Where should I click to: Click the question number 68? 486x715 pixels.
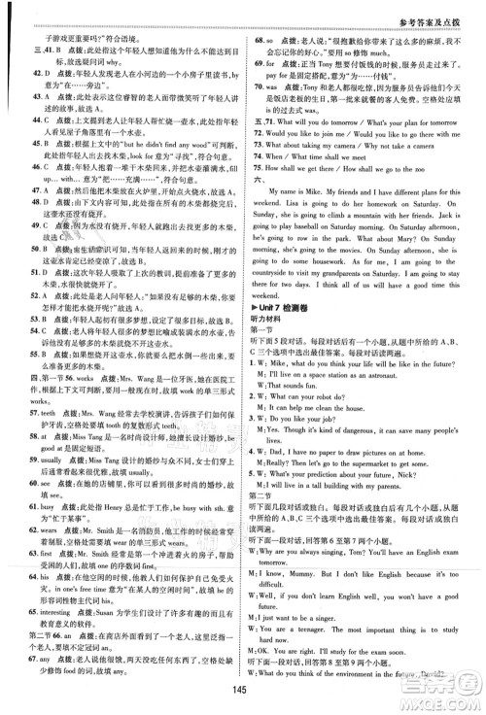click(256, 43)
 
